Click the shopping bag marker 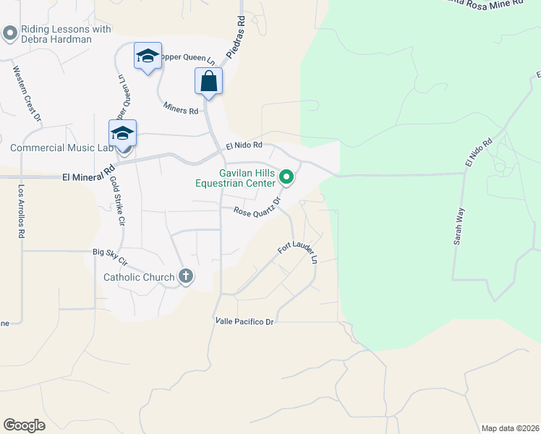[208, 81]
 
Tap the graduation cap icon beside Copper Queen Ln [147, 56]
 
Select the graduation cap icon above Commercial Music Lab [123, 133]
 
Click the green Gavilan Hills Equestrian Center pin [286, 176]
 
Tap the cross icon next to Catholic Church [186, 276]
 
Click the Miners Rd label [180, 108]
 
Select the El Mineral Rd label [89, 175]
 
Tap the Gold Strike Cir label [115, 203]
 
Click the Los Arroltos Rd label [22, 210]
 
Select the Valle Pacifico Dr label [244, 320]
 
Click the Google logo [24, 425]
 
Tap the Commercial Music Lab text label [62, 148]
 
